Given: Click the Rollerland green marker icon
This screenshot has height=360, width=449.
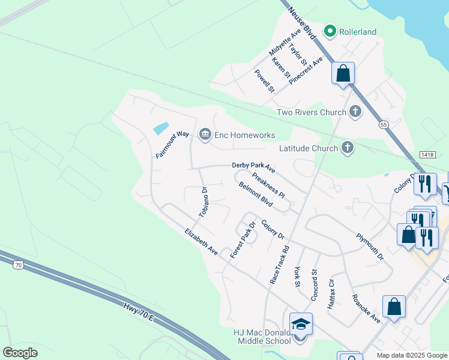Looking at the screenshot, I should click(330, 31).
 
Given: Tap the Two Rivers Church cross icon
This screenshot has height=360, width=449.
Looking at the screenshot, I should click(355, 111).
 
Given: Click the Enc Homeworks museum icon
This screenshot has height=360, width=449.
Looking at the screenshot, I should click(205, 134).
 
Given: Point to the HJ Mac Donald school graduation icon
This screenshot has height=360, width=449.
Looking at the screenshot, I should click(301, 325).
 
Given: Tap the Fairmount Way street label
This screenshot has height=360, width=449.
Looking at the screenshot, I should click(173, 145).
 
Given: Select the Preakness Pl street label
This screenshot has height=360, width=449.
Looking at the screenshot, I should click(268, 186).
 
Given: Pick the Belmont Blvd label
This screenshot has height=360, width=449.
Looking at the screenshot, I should click(256, 195).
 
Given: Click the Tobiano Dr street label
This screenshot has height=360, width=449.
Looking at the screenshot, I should click(203, 202).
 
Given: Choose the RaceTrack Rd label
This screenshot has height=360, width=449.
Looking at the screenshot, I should click(280, 264).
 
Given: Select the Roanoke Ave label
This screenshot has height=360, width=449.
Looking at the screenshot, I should click(366, 309).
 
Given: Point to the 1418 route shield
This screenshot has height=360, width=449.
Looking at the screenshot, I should click(427, 155).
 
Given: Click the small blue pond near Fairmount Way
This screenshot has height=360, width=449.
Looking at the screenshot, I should click(161, 128).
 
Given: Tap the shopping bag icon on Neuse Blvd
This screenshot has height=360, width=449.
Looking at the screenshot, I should click(343, 74).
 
